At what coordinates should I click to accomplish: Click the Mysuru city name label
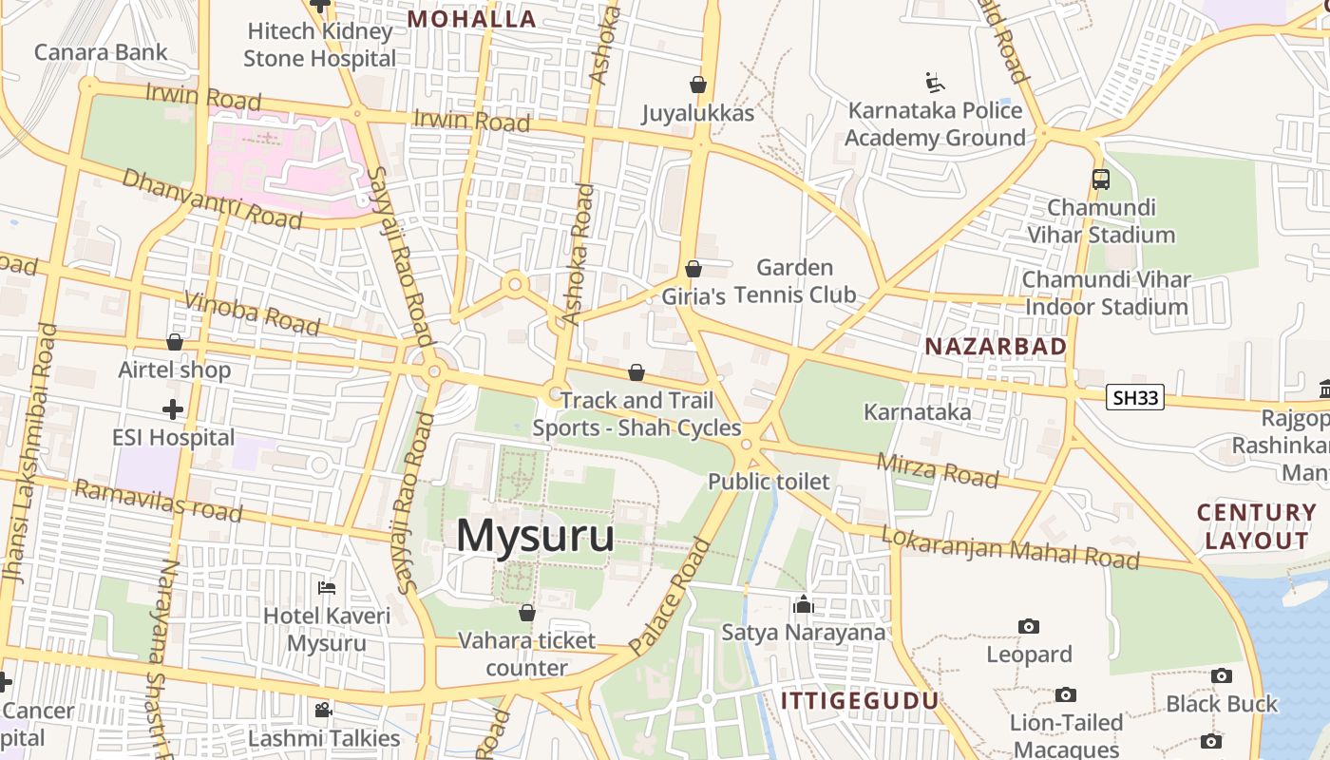pyautogui.click(x=535, y=537)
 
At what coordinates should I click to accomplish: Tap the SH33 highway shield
pyautogui.click(x=1134, y=397)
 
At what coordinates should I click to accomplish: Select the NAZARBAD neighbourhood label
pyautogui.click(x=996, y=347)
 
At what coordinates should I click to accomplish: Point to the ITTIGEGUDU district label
pyautogui.click(x=859, y=701)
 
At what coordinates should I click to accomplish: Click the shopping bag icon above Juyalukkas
pyautogui.click(x=698, y=85)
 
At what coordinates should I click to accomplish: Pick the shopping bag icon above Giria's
pyautogui.click(x=693, y=269)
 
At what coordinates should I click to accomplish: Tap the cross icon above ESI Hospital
pyautogui.click(x=173, y=409)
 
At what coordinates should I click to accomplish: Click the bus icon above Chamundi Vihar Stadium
pyautogui.click(x=1100, y=179)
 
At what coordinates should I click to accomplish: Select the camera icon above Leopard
pyautogui.click(x=1028, y=626)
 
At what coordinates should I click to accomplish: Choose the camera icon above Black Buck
pyautogui.click(x=1222, y=675)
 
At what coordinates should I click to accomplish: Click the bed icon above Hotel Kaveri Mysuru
pyautogui.click(x=327, y=588)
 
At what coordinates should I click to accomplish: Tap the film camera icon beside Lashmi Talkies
pyautogui.click(x=323, y=710)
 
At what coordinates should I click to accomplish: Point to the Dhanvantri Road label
pyautogui.click(x=212, y=199)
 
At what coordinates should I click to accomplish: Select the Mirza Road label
pyautogui.click(x=938, y=469)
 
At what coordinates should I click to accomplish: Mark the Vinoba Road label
pyautogui.click(x=252, y=313)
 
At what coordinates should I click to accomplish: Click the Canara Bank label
pyautogui.click(x=101, y=52)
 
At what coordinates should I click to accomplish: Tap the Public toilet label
pyautogui.click(x=769, y=482)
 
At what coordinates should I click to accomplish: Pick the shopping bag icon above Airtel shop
pyautogui.click(x=175, y=342)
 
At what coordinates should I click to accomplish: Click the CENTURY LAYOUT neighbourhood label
pyautogui.click(x=1256, y=527)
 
